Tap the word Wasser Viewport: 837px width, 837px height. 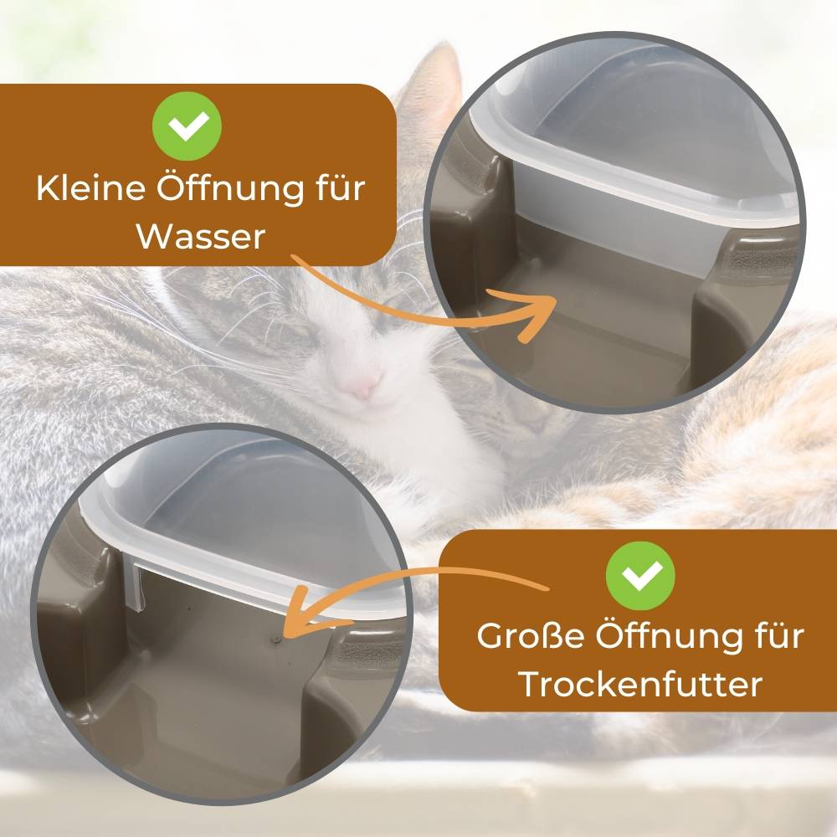coord(201,237)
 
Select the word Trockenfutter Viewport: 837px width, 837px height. coord(640,684)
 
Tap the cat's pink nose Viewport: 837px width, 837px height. coord(362,387)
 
